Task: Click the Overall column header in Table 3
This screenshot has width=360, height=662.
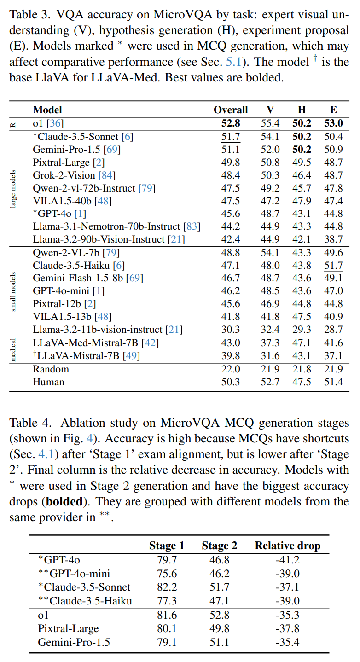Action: [231, 110]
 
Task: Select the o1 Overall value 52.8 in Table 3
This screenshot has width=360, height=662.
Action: [231, 123]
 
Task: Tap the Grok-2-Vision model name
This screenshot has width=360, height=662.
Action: [64, 175]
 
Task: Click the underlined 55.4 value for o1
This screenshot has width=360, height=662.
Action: [270, 123]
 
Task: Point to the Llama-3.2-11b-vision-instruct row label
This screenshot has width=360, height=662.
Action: [97, 330]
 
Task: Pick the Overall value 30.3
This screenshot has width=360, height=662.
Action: [231, 330]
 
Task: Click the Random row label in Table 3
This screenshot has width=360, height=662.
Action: [51, 369]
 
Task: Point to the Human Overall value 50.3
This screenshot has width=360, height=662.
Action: [231, 382]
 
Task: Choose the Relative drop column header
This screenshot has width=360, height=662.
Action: [288, 546]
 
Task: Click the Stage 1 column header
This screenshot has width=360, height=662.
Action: [167, 546]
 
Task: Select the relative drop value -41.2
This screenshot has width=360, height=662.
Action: [288, 560]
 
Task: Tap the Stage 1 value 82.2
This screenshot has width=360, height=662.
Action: [167, 587]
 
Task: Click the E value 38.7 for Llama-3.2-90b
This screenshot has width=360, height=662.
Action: [333, 239]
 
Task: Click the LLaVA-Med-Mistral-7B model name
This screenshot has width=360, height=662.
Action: [86, 343]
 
